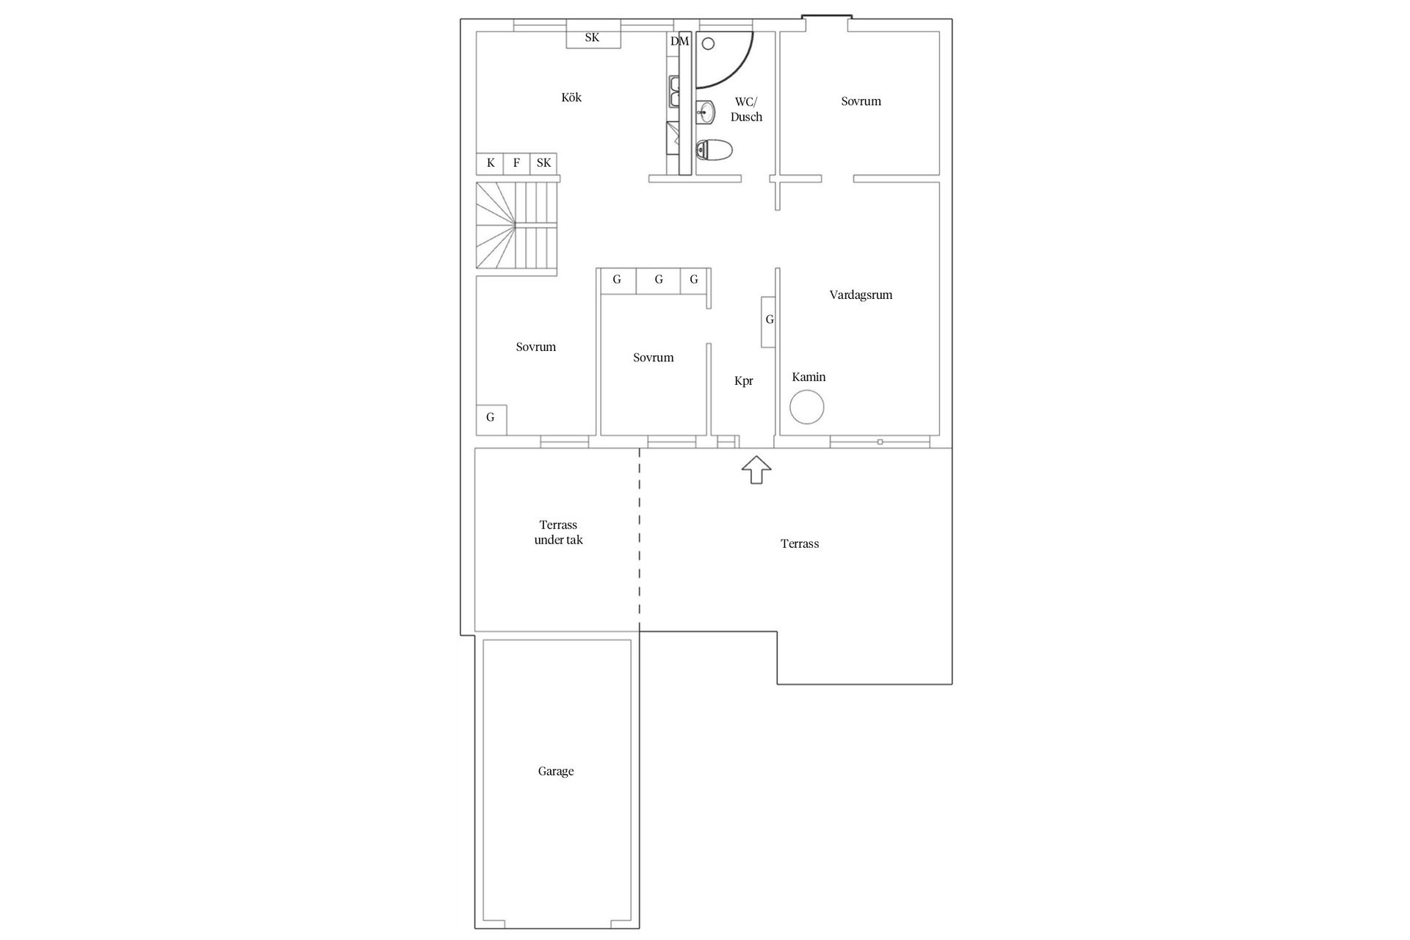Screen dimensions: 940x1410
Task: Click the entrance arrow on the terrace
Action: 756,470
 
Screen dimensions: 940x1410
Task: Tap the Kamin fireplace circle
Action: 806,407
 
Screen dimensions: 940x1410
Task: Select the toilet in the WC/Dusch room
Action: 714,151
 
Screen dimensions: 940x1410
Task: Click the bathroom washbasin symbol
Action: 706,112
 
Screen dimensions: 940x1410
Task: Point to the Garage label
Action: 556,771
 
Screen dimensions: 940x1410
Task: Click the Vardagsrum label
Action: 861,295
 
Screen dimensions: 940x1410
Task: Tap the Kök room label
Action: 571,98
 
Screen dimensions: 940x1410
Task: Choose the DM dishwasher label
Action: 680,41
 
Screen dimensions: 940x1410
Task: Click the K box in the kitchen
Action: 491,163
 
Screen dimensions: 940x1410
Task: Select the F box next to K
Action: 517,163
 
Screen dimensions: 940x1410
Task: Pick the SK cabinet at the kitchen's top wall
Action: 593,37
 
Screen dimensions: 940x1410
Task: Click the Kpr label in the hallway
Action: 744,381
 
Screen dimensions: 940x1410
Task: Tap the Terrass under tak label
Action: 558,532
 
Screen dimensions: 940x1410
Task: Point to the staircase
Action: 516,226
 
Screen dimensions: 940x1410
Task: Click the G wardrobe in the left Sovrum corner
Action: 491,419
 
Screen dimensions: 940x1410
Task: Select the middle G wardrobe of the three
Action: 659,280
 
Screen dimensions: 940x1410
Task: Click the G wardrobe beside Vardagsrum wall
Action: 769,320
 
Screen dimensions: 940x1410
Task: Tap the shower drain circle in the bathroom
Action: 708,44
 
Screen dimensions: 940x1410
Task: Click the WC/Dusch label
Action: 746,109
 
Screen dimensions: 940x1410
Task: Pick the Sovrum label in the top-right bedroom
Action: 861,101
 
